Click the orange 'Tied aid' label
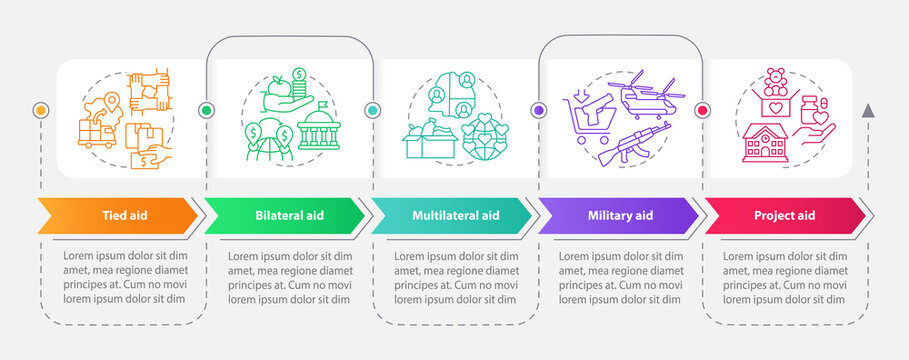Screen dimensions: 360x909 120,215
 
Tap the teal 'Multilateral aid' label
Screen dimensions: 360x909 455,215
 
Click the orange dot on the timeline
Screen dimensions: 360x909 40,109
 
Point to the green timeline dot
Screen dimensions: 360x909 207,110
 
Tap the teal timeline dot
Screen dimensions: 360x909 371,110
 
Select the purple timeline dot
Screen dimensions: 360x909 538,110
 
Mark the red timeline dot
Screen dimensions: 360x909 701,110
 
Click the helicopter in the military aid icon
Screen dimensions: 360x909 645,96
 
